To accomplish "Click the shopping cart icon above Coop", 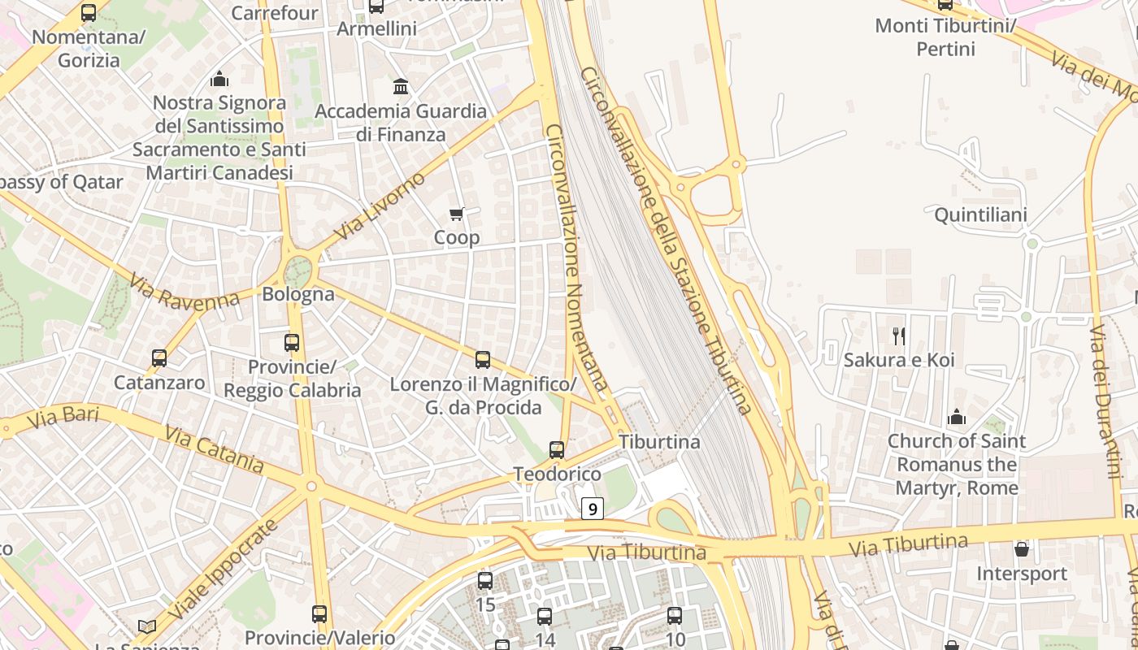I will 456,214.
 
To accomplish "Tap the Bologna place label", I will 298,294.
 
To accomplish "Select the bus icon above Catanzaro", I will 159,357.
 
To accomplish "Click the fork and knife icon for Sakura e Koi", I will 899,336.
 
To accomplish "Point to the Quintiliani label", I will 980,215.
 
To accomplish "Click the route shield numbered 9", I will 593,509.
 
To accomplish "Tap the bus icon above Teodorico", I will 557,449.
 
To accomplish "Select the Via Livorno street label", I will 379,206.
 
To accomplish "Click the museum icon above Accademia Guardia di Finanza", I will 401,86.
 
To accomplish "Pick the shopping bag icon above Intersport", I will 1022,550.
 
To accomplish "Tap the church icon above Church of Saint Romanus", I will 957,417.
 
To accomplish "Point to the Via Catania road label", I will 214,448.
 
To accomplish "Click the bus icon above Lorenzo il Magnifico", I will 483,359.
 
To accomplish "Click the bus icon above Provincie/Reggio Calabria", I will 292,343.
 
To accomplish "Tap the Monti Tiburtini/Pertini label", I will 945,37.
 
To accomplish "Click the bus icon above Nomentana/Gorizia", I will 89,12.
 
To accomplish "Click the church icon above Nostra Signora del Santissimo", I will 219,79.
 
